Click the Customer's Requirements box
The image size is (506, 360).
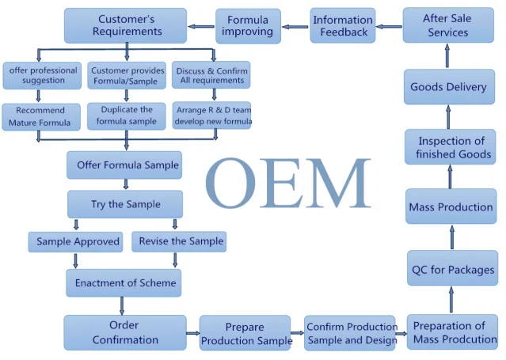(x=125, y=25)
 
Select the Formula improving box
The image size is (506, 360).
(x=248, y=25)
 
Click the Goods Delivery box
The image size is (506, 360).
(x=448, y=87)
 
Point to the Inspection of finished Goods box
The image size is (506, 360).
(x=448, y=148)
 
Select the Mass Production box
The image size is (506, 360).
(x=451, y=207)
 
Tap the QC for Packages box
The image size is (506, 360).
(x=452, y=270)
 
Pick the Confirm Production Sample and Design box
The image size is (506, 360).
(x=352, y=333)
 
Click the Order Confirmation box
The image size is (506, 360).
(x=124, y=332)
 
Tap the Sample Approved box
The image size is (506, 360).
(x=78, y=241)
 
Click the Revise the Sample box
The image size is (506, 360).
(x=178, y=241)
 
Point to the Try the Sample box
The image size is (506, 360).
(x=125, y=204)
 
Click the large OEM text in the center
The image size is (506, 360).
(x=288, y=184)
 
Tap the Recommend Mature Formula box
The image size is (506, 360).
(x=40, y=116)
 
